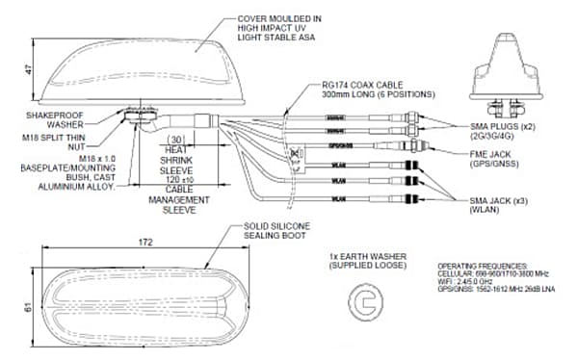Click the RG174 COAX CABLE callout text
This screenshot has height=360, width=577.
(x=363, y=89)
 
